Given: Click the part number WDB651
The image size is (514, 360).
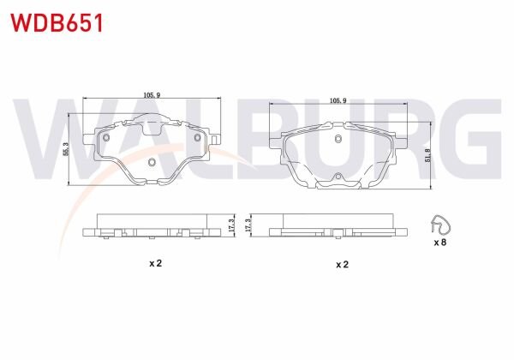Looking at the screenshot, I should pos(57,22).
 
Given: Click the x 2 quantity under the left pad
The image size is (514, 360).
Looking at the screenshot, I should pos(155,263).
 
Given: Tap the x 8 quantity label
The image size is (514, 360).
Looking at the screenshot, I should pos(439,243).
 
